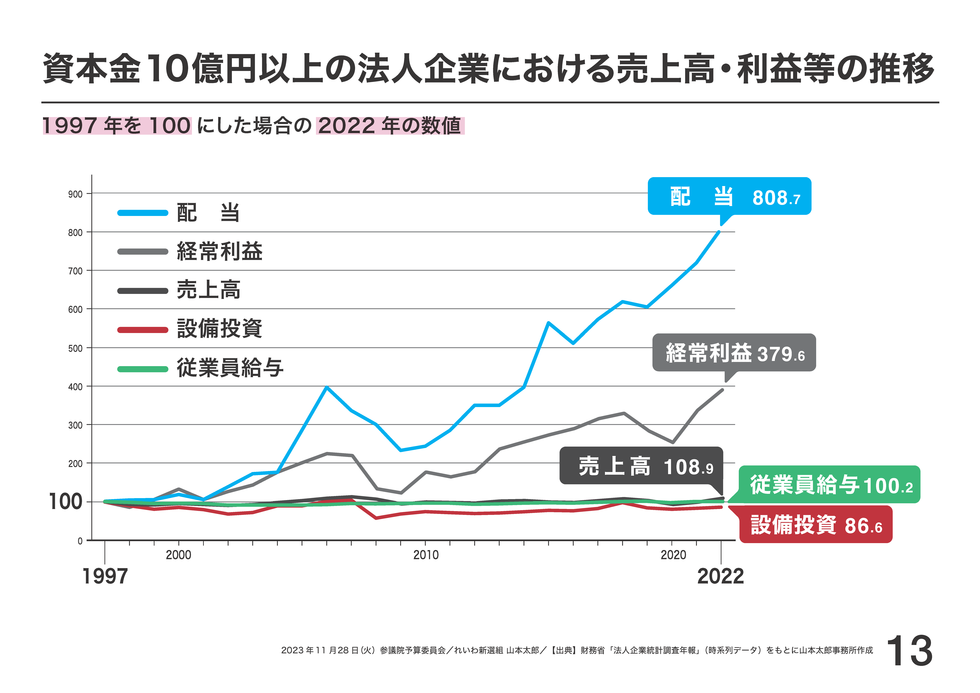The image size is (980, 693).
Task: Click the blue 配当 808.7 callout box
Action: (729, 196)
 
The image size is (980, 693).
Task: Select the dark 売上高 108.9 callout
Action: (641, 466)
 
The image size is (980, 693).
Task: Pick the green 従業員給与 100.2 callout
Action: (829, 485)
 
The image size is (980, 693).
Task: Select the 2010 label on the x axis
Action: (426, 555)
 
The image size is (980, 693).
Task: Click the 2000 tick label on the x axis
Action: (178, 555)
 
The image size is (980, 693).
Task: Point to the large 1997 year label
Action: (105, 576)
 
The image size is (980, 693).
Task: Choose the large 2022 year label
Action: (720, 576)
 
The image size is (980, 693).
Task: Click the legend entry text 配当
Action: (208, 213)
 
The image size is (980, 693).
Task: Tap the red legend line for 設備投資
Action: (143, 330)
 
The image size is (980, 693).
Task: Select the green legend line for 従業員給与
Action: (143, 369)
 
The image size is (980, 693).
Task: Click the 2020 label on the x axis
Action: (673, 555)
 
